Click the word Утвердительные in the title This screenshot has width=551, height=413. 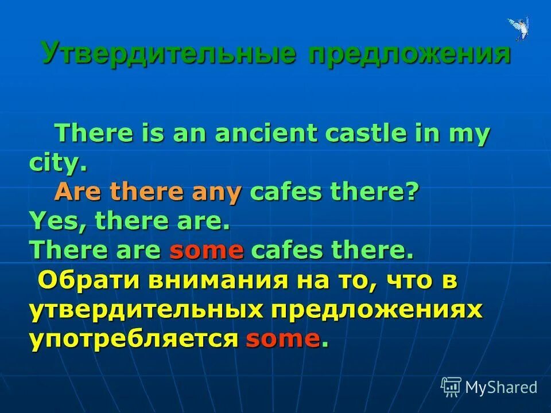(x=168, y=54)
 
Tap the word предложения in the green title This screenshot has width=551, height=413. (x=409, y=54)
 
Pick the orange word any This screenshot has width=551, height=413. (x=216, y=193)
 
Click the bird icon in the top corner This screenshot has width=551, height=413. (x=519, y=28)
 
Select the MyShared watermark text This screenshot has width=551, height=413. (x=501, y=388)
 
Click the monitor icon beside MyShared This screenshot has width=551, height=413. (x=451, y=387)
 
